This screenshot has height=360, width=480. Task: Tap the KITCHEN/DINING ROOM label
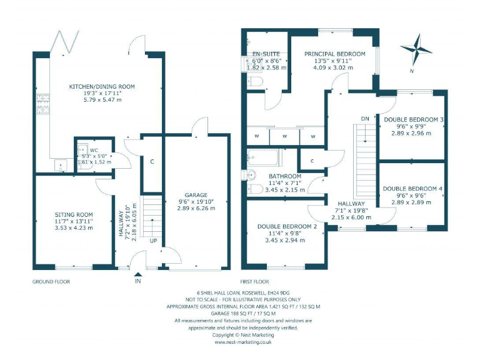103,86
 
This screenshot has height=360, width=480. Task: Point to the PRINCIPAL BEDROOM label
335,54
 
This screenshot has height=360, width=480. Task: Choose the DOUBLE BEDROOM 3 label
414,119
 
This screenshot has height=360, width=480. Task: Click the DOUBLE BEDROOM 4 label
413,188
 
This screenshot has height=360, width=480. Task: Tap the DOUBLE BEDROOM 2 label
287,226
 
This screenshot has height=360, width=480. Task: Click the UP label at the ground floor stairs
153,241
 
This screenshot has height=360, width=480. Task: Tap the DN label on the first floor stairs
365,118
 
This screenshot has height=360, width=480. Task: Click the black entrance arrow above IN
138,273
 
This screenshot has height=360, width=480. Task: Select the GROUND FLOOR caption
51,282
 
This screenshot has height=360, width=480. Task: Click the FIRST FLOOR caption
254,282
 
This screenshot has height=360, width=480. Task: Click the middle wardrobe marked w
284,136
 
